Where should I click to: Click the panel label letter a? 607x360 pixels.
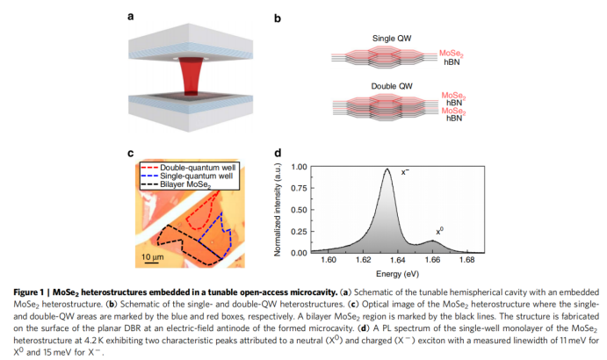click(131, 16)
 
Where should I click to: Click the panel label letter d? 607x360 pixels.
click(278, 151)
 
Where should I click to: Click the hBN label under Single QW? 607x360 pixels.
click(449, 63)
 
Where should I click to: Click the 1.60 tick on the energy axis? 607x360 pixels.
click(329, 260)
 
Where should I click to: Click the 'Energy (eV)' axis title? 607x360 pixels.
click(397, 272)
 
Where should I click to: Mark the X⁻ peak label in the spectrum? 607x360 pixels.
click(406, 172)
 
